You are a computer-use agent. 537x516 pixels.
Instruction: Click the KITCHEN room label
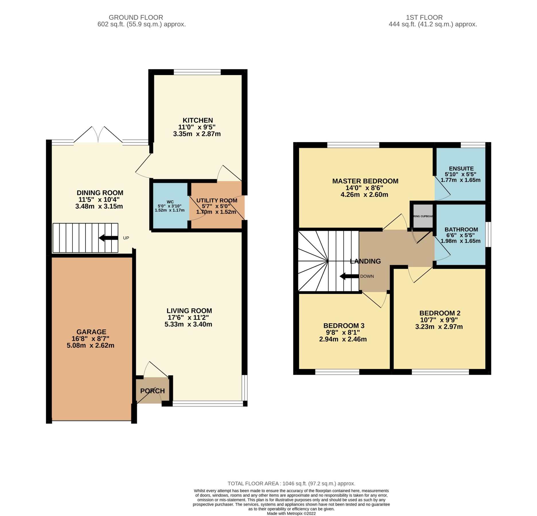tap(198, 120)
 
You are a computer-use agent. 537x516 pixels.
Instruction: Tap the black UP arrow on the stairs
tap(108, 238)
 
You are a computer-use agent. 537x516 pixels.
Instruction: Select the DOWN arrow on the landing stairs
tap(349, 276)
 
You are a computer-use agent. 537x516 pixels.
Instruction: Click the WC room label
tap(170, 202)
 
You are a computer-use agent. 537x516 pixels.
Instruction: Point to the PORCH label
tap(152, 391)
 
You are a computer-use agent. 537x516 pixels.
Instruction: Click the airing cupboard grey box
tap(423, 216)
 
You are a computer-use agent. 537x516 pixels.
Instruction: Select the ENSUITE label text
tap(461, 169)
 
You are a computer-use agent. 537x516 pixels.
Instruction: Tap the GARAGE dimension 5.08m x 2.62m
tap(90, 345)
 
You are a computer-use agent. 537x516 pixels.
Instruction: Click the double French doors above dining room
tap(98, 135)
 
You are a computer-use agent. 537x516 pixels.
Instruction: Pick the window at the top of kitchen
tap(197, 72)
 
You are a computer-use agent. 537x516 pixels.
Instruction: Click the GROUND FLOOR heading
tap(136, 17)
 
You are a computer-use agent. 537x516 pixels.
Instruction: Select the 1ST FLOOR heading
tap(424, 17)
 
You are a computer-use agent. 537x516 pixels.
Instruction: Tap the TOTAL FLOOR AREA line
tap(291, 484)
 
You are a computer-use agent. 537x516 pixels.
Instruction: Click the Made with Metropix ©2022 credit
tap(291, 513)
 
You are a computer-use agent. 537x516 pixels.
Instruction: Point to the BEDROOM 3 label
tap(343, 326)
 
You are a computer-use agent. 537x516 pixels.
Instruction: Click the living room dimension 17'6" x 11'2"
tap(188, 318)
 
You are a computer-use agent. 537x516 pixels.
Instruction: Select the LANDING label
tap(365, 261)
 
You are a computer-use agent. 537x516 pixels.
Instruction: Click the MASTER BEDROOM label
tap(365, 181)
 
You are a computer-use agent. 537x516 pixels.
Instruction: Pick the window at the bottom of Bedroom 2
tap(440, 372)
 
